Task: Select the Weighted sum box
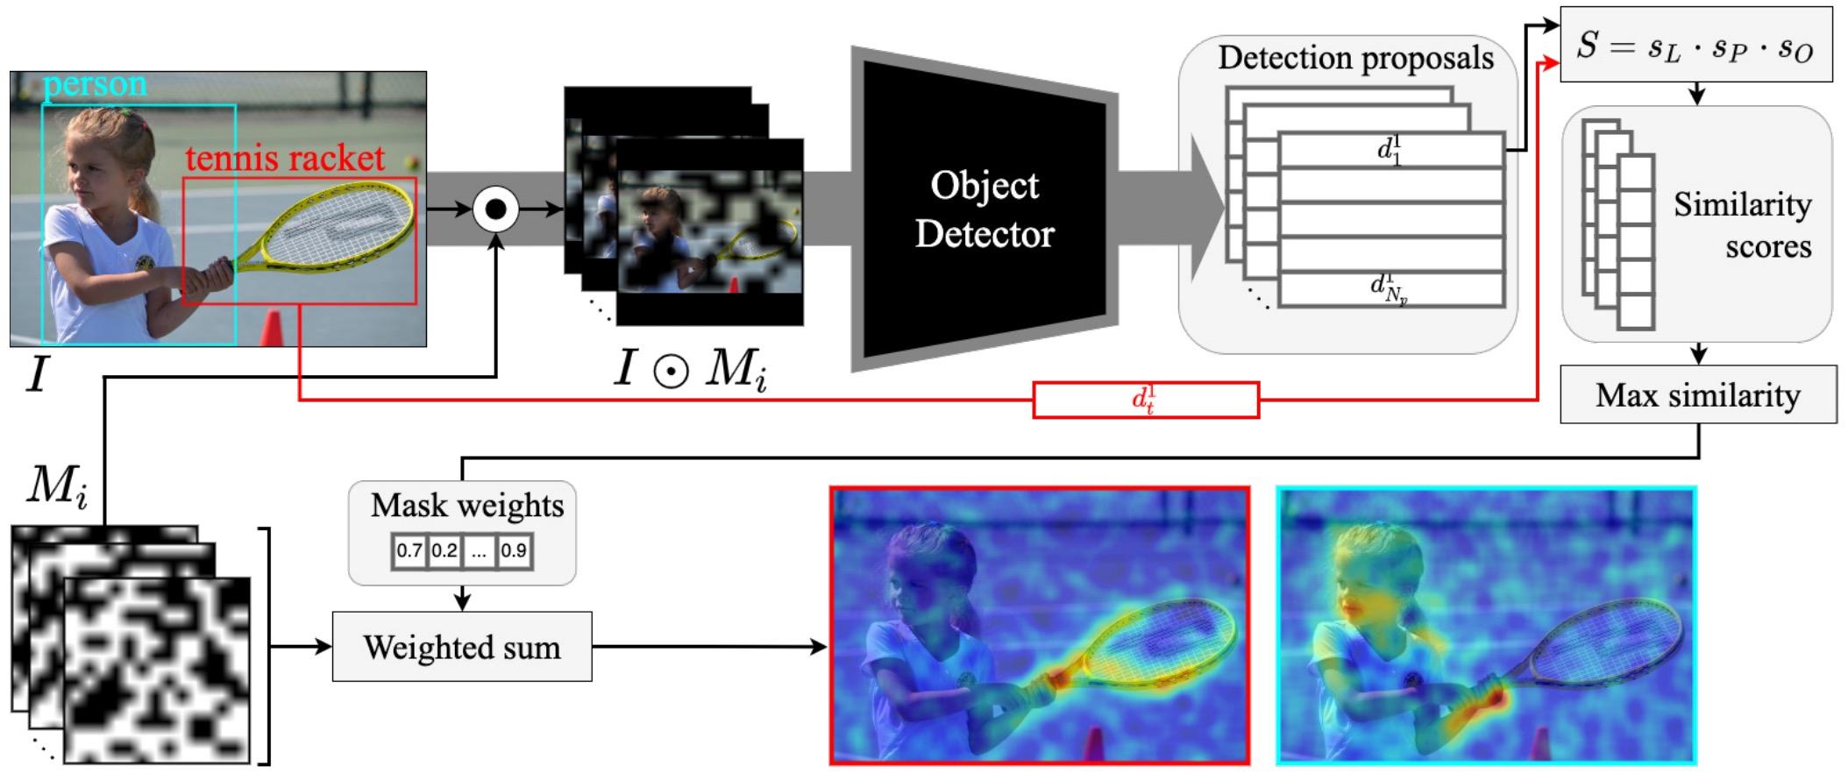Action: click(462, 648)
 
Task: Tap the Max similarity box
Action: click(1698, 395)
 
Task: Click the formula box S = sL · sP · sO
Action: click(1695, 46)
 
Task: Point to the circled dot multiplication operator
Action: click(496, 209)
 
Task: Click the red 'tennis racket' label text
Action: click(285, 159)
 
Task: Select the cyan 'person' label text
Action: click(95, 85)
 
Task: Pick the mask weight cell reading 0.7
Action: click(409, 551)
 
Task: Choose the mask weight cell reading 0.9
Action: click(514, 551)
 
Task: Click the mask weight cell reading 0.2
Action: click(444, 551)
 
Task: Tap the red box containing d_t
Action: click(1146, 401)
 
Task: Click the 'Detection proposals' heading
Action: click(1355, 59)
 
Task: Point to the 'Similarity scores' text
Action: click(1742, 225)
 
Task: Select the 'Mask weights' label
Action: click(466, 506)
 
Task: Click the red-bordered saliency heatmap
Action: click(1040, 626)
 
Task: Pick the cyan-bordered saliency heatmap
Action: click(1487, 626)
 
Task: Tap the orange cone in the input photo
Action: click(273, 329)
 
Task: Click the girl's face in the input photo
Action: click(88, 183)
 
